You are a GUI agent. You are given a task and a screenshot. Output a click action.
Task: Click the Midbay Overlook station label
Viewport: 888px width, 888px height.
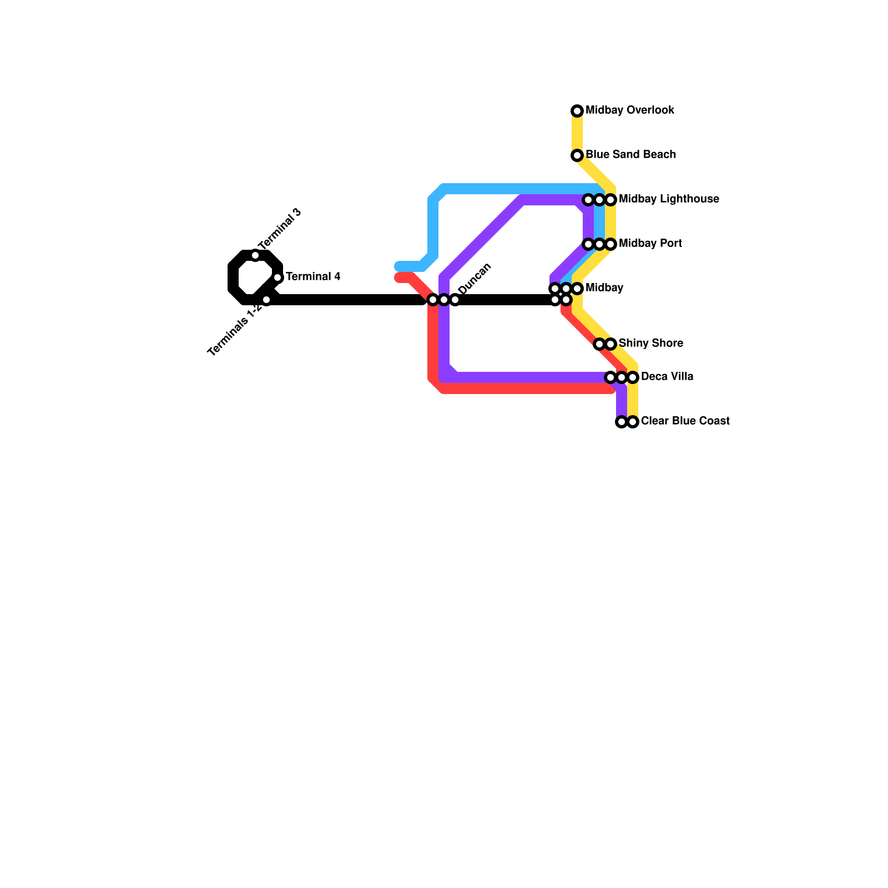(x=630, y=110)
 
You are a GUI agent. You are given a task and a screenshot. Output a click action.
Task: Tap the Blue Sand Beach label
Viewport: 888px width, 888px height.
(x=630, y=155)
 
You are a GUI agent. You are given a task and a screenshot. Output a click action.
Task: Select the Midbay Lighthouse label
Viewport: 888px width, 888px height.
(x=669, y=199)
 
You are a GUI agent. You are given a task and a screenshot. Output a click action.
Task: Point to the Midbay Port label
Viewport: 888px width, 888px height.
(x=650, y=244)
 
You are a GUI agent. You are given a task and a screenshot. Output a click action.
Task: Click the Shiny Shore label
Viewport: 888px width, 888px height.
(x=650, y=344)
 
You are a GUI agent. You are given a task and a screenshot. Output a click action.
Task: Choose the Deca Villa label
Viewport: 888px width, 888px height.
(x=667, y=377)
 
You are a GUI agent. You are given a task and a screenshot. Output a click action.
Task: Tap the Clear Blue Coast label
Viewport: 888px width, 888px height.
(x=685, y=421)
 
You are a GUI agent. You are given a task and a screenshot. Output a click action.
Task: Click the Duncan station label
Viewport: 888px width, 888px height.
(x=475, y=278)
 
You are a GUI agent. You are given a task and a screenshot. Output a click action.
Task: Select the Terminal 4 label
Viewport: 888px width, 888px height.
(x=313, y=277)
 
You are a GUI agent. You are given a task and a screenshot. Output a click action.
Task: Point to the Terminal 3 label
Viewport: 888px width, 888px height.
(x=280, y=229)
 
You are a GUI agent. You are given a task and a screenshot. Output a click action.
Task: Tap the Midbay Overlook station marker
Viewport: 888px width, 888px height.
(x=577, y=111)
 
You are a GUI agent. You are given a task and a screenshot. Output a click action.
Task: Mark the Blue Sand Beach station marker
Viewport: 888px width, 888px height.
(x=577, y=155)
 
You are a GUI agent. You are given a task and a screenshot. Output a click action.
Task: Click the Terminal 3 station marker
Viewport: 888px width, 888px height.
(x=255, y=255)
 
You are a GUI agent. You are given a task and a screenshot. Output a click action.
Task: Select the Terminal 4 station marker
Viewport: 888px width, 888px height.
(x=277, y=277)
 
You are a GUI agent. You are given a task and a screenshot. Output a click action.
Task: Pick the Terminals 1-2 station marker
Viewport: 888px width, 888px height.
(x=266, y=300)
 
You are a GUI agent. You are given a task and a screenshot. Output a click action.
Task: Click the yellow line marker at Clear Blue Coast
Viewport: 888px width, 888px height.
(x=633, y=422)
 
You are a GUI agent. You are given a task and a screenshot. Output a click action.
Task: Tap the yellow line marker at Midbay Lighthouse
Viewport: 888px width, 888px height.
(x=610, y=200)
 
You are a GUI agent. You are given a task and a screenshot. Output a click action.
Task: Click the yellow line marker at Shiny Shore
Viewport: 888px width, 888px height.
(x=610, y=344)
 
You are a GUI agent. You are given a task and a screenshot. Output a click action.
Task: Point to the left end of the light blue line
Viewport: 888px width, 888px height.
(x=398, y=266)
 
